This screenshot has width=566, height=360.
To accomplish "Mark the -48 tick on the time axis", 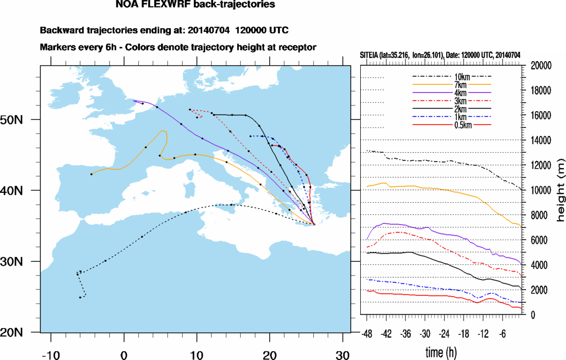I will pyautogui.click(x=367, y=333).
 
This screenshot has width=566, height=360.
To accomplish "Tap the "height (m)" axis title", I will pyautogui.click(x=560, y=190).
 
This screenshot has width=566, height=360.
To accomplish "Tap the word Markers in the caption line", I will pyautogui.click(x=56, y=47).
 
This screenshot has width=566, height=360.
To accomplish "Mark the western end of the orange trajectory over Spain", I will pyautogui.click(x=91, y=174).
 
